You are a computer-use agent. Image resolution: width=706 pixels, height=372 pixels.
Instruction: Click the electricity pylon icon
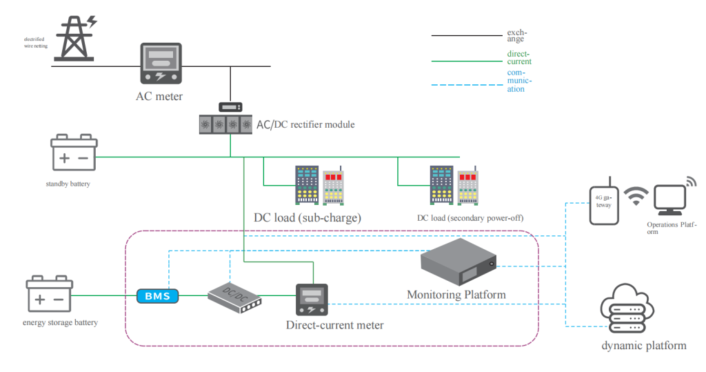(x=76, y=38)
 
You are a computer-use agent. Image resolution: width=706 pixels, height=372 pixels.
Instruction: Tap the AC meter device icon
(x=160, y=65)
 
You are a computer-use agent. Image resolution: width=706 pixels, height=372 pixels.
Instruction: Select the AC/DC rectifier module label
(x=305, y=124)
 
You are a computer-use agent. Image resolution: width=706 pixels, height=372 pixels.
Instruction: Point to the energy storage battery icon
(x=49, y=295)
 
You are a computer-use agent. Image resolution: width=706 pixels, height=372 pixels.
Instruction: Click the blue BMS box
(x=157, y=296)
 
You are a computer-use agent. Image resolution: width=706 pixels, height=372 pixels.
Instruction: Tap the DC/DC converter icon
(x=235, y=297)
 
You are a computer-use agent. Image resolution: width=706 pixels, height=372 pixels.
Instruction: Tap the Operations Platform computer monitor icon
(x=669, y=199)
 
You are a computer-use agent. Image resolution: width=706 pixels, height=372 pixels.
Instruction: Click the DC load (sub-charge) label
(x=307, y=218)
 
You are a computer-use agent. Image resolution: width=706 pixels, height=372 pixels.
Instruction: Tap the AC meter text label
(x=159, y=97)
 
